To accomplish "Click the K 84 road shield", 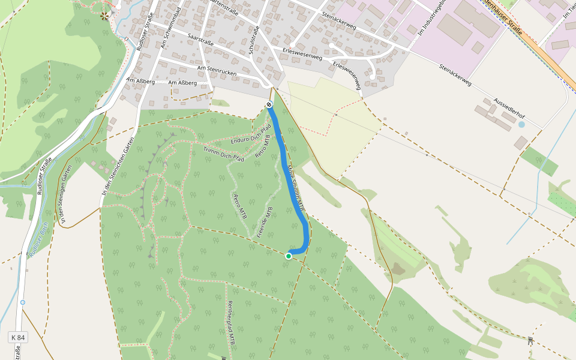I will (18, 338).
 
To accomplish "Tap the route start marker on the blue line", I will (269, 105).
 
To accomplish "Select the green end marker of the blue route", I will (289, 256).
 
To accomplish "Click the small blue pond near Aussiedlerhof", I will (521, 125).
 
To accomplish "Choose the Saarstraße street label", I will (202, 37).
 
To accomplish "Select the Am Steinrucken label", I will (220, 71).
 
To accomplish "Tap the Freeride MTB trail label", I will (265, 222).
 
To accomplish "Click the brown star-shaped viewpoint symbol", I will (105, 15).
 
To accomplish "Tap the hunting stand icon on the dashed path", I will (530, 340).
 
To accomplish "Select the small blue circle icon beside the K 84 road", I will (23, 302).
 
